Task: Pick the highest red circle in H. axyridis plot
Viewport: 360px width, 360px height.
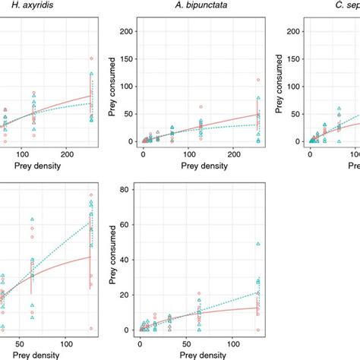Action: (x=91, y=58)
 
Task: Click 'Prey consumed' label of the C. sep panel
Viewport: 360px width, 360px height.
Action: (x=279, y=85)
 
